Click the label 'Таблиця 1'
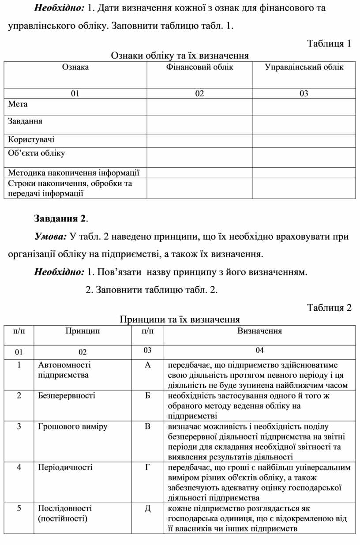coord(329,43)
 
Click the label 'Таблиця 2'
coord(329,308)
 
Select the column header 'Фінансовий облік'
coord(199,68)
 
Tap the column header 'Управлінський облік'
coord(304,68)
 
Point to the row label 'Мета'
coord(18,104)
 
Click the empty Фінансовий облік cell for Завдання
coord(199,124)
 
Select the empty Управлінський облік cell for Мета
coord(304,107)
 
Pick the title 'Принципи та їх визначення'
coord(180,319)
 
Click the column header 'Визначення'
coord(259,331)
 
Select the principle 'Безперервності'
coord(67,395)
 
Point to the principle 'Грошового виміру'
coord(73,426)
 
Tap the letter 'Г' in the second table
coord(147,467)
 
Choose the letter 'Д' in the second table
coord(147,508)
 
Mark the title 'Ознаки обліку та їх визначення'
coord(180,55)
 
